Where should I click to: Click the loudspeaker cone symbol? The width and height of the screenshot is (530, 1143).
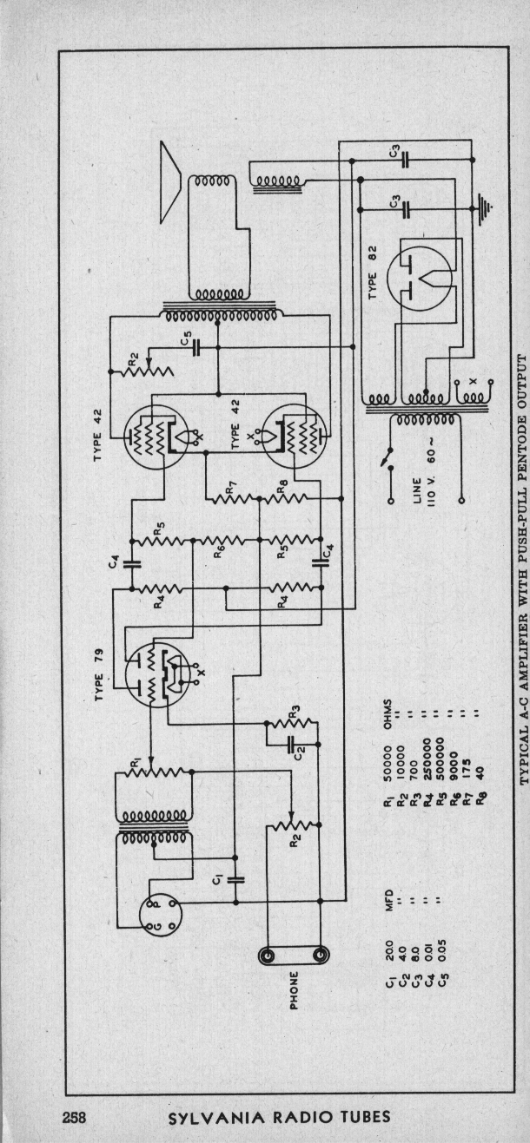[x=171, y=181]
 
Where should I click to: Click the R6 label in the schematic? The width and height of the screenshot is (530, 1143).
[x=220, y=550]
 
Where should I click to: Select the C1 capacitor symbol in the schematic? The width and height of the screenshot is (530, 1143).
[x=235, y=879]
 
